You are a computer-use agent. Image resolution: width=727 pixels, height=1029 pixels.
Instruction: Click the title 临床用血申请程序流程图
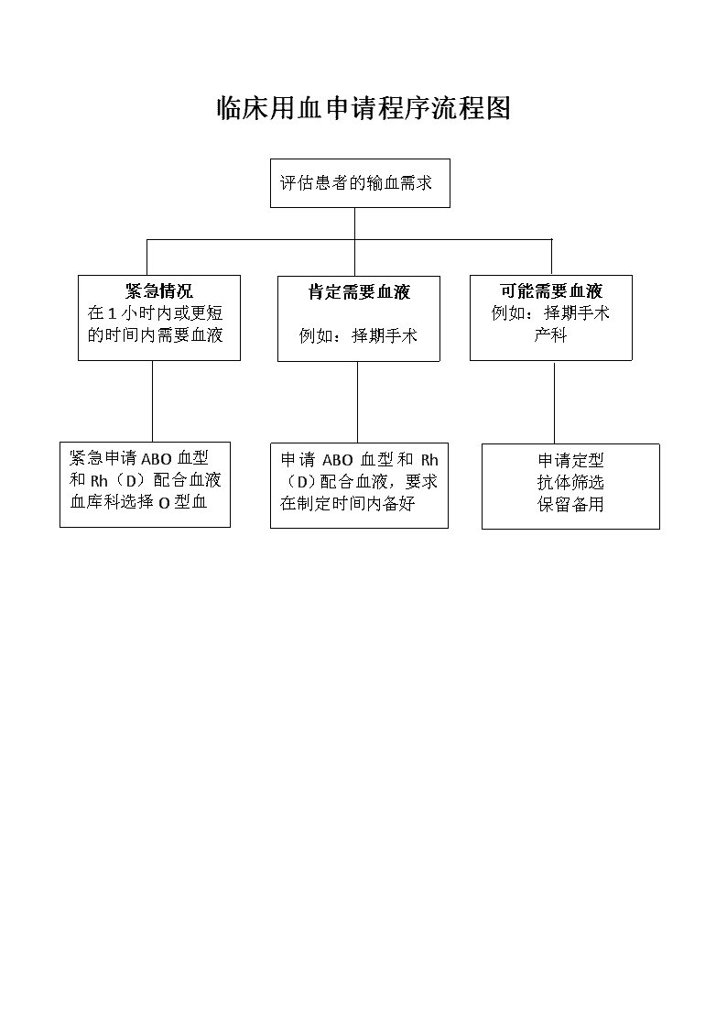pos(363,108)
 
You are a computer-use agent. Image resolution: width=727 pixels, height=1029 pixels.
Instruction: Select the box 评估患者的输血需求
pos(360,183)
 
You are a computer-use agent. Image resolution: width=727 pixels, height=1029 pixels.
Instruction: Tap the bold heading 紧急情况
pos(158,290)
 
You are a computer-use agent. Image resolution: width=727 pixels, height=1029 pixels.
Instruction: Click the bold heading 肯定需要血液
pos(359,292)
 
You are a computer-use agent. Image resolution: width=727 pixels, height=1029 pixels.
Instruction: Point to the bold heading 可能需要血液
pos(550,290)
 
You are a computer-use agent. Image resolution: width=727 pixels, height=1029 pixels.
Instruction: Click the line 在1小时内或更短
pos(156,313)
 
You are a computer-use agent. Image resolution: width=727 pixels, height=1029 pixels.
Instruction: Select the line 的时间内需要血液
pos(156,334)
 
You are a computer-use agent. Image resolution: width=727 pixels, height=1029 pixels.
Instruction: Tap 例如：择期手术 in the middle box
pos(359,336)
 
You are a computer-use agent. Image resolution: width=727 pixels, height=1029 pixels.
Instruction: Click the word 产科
pos(550,334)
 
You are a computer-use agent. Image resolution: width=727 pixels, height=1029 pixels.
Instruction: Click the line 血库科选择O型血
pos(139,502)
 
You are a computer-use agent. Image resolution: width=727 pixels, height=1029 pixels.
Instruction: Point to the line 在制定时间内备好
pos(348,503)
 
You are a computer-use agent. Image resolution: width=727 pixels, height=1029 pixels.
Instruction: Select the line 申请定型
pos(570,460)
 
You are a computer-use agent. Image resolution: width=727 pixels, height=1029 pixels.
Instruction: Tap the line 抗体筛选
pos(570,482)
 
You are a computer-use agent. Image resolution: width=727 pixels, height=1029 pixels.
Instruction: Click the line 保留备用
pos(570,505)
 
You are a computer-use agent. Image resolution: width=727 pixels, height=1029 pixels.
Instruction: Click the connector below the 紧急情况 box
pos(153,401)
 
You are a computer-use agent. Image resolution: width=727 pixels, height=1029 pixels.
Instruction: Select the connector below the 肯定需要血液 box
pos(357,402)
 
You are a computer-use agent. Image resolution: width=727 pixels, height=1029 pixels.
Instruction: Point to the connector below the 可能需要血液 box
pos(555,403)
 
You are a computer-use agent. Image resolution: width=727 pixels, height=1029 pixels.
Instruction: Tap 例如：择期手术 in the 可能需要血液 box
pos(550,313)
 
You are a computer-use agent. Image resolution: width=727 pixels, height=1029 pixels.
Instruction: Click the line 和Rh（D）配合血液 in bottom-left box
pos(146,480)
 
